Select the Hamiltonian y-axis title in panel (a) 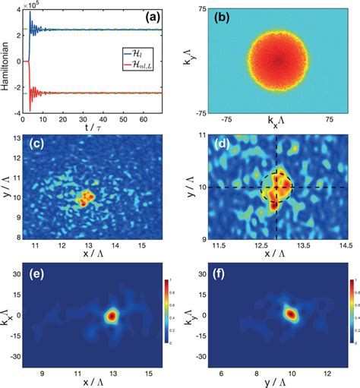tap(6, 61)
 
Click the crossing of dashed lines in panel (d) tap(276, 187)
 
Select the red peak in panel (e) tap(111, 315)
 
